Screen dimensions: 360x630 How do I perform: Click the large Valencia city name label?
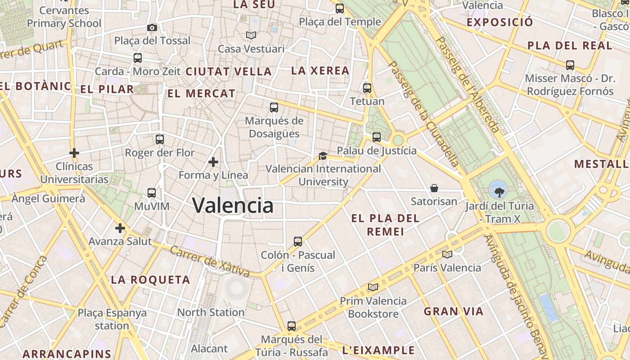[233, 206]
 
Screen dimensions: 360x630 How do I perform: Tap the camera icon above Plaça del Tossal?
[152, 28]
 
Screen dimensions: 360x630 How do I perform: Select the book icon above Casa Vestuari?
[251, 35]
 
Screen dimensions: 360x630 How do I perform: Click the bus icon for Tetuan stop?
[367, 88]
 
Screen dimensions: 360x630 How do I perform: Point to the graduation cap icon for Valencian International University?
[323, 156]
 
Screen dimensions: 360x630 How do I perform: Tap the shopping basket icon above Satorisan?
[434, 188]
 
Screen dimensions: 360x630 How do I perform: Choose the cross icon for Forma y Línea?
[213, 162]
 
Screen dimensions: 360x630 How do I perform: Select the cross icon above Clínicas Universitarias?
[74, 153]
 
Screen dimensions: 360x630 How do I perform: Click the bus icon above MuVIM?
[152, 193]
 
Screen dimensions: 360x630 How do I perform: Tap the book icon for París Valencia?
[447, 255]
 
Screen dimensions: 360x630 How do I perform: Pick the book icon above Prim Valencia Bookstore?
[373, 287]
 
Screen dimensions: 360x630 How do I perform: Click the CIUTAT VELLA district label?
[229, 72]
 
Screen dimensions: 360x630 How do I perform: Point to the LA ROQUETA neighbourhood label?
[150, 280]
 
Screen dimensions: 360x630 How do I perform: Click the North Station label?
[211, 312]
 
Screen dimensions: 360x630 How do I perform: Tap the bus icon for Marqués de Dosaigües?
[274, 108]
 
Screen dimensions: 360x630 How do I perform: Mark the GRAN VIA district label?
[454, 311]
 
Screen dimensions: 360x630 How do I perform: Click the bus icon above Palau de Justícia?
[377, 137]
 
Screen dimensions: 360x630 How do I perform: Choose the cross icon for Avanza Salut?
[120, 229]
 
